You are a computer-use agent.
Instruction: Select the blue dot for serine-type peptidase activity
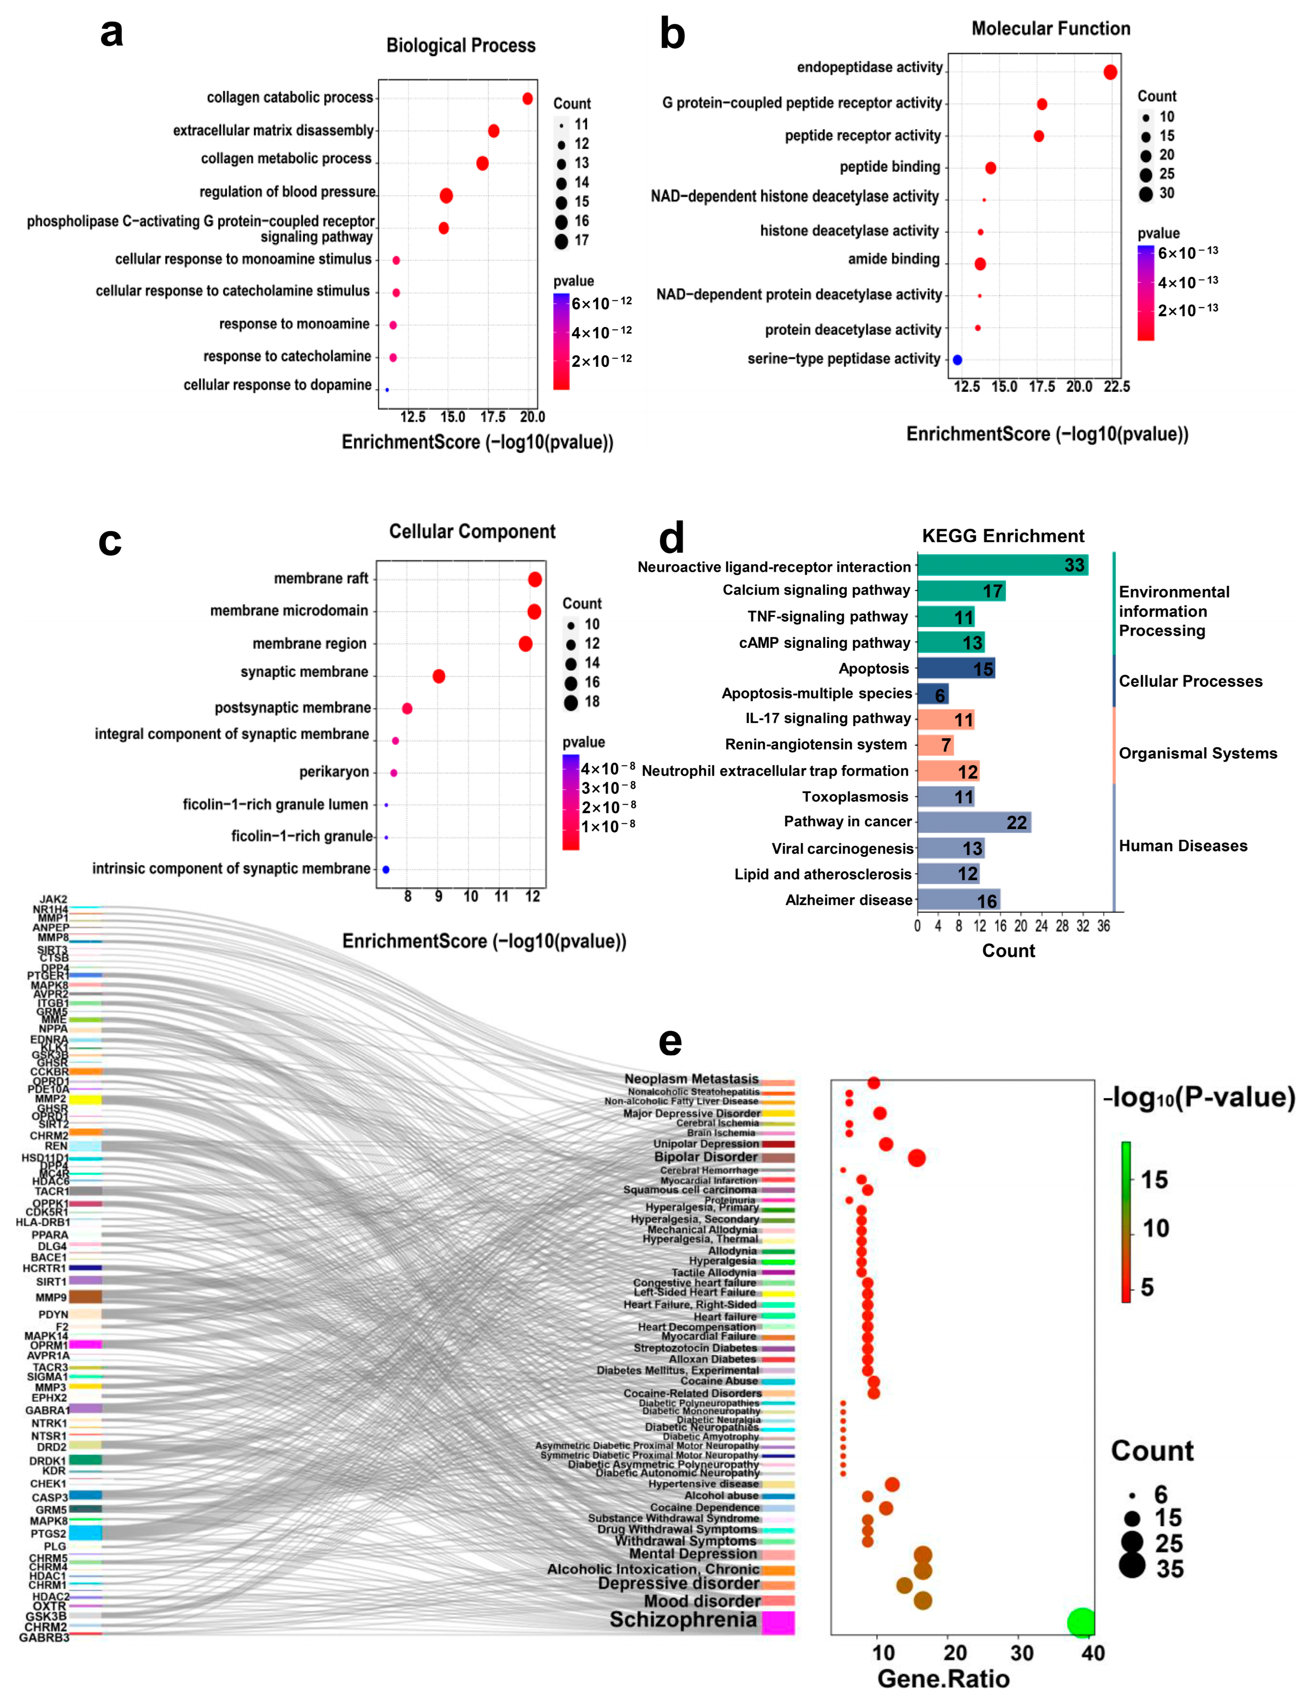tap(957, 360)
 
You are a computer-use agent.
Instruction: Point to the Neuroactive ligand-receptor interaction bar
tap(1002, 565)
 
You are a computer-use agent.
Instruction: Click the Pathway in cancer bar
tap(973, 822)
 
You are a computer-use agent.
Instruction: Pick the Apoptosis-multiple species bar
tap(932, 694)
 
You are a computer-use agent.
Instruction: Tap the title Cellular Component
tap(472, 532)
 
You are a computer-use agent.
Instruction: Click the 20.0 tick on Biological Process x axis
tap(532, 417)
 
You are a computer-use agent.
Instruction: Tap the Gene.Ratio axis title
tap(943, 1679)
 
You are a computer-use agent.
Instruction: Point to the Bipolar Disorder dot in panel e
tap(917, 1158)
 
